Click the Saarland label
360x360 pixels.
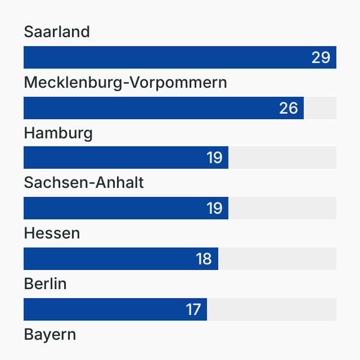click(x=57, y=32)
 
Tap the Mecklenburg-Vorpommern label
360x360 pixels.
click(x=125, y=83)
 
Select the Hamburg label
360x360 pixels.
click(x=58, y=133)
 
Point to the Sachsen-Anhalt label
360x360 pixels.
click(x=84, y=183)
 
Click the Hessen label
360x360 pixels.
click(x=52, y=233)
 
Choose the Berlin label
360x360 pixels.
click(x=45, y=284)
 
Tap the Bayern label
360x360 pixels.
click(x=49, y=335)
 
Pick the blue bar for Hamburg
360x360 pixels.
click(x=112, y=157)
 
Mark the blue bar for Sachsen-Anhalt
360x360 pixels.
click(x=112, y=208)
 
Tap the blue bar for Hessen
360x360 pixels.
click(x=107, y=259)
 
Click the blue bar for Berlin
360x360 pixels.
click(x=101, y=309)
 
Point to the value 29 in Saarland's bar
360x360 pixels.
click(x=321, y=57)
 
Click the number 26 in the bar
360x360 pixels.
click(x=289, y=108)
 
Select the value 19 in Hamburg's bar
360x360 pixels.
click(x=214, y=157)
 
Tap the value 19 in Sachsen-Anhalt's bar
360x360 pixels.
click(x=214, y=208)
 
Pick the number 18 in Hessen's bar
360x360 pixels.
click(x=204, y=259)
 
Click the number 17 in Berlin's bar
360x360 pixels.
click(x=193, y=309)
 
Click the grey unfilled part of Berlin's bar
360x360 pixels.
click(x=272, y=309)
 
